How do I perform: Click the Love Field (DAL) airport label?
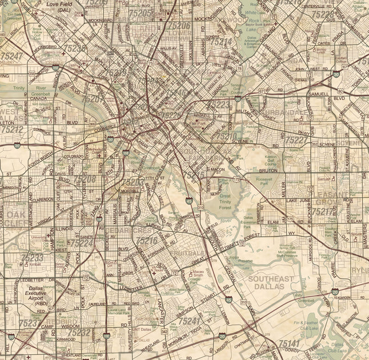pos(59,7)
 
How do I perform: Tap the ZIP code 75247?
pos(12,56)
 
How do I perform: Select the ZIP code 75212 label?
pos(12,130)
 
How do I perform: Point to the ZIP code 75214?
pos(220,42)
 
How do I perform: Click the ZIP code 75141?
pos(289,343)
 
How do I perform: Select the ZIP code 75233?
pos(32,258)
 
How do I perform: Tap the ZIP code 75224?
pos(81,243)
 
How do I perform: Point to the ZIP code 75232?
pos(79,332)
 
